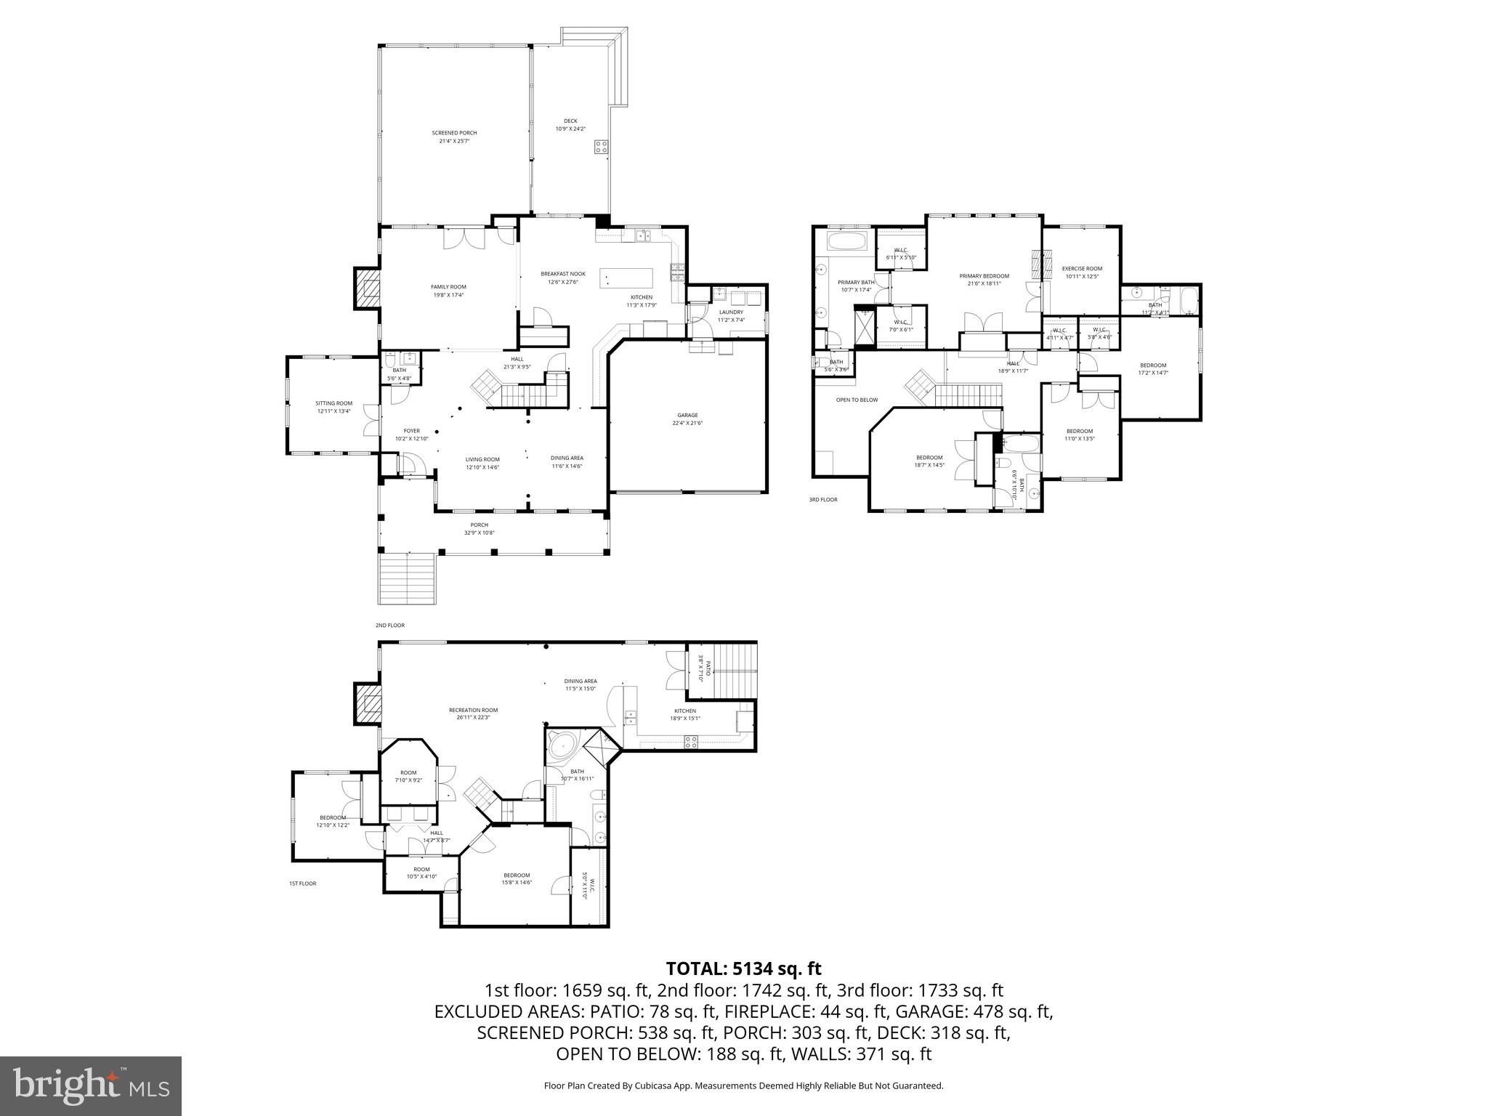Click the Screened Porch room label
tap(454, 137)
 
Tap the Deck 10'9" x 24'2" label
tap(570, 125)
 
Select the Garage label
tap(687, 418)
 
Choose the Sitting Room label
tap(333, 407)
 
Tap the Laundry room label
tap(730, 315)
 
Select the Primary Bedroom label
tap(984, 279)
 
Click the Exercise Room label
tap(1082, 272)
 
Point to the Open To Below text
tap(857, 400)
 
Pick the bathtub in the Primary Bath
tap(848, 242)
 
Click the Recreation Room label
tap(473, 713)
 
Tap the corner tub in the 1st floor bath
tap(562, 745)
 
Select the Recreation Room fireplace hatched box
tap(368, 703)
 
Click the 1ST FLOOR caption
tap(302, 883)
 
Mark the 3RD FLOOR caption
tap(823, 499)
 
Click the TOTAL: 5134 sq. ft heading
tap(743, 969)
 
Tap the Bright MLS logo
tap(91, 1085)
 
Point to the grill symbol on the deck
tap(601, 147)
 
